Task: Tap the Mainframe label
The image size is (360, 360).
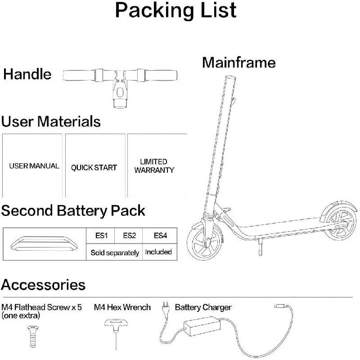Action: (238, 62)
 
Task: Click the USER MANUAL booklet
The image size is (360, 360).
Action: (34, 166)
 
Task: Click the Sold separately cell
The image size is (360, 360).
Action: (114, 252)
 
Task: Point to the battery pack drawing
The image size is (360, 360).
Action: (44, 244)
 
